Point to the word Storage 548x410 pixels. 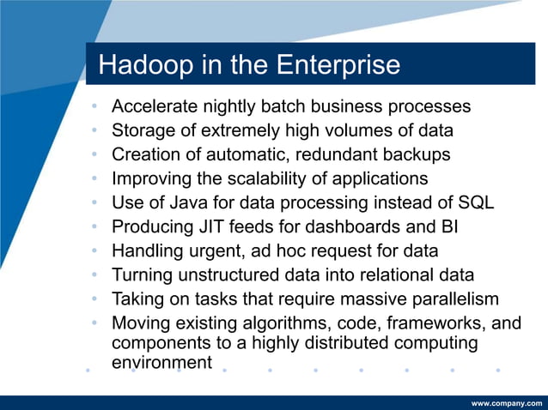tap(143, 131)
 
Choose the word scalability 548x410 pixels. tap(240, 179)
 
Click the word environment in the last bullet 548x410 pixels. tap(161, 362)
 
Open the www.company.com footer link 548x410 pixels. tap(507, 402)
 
